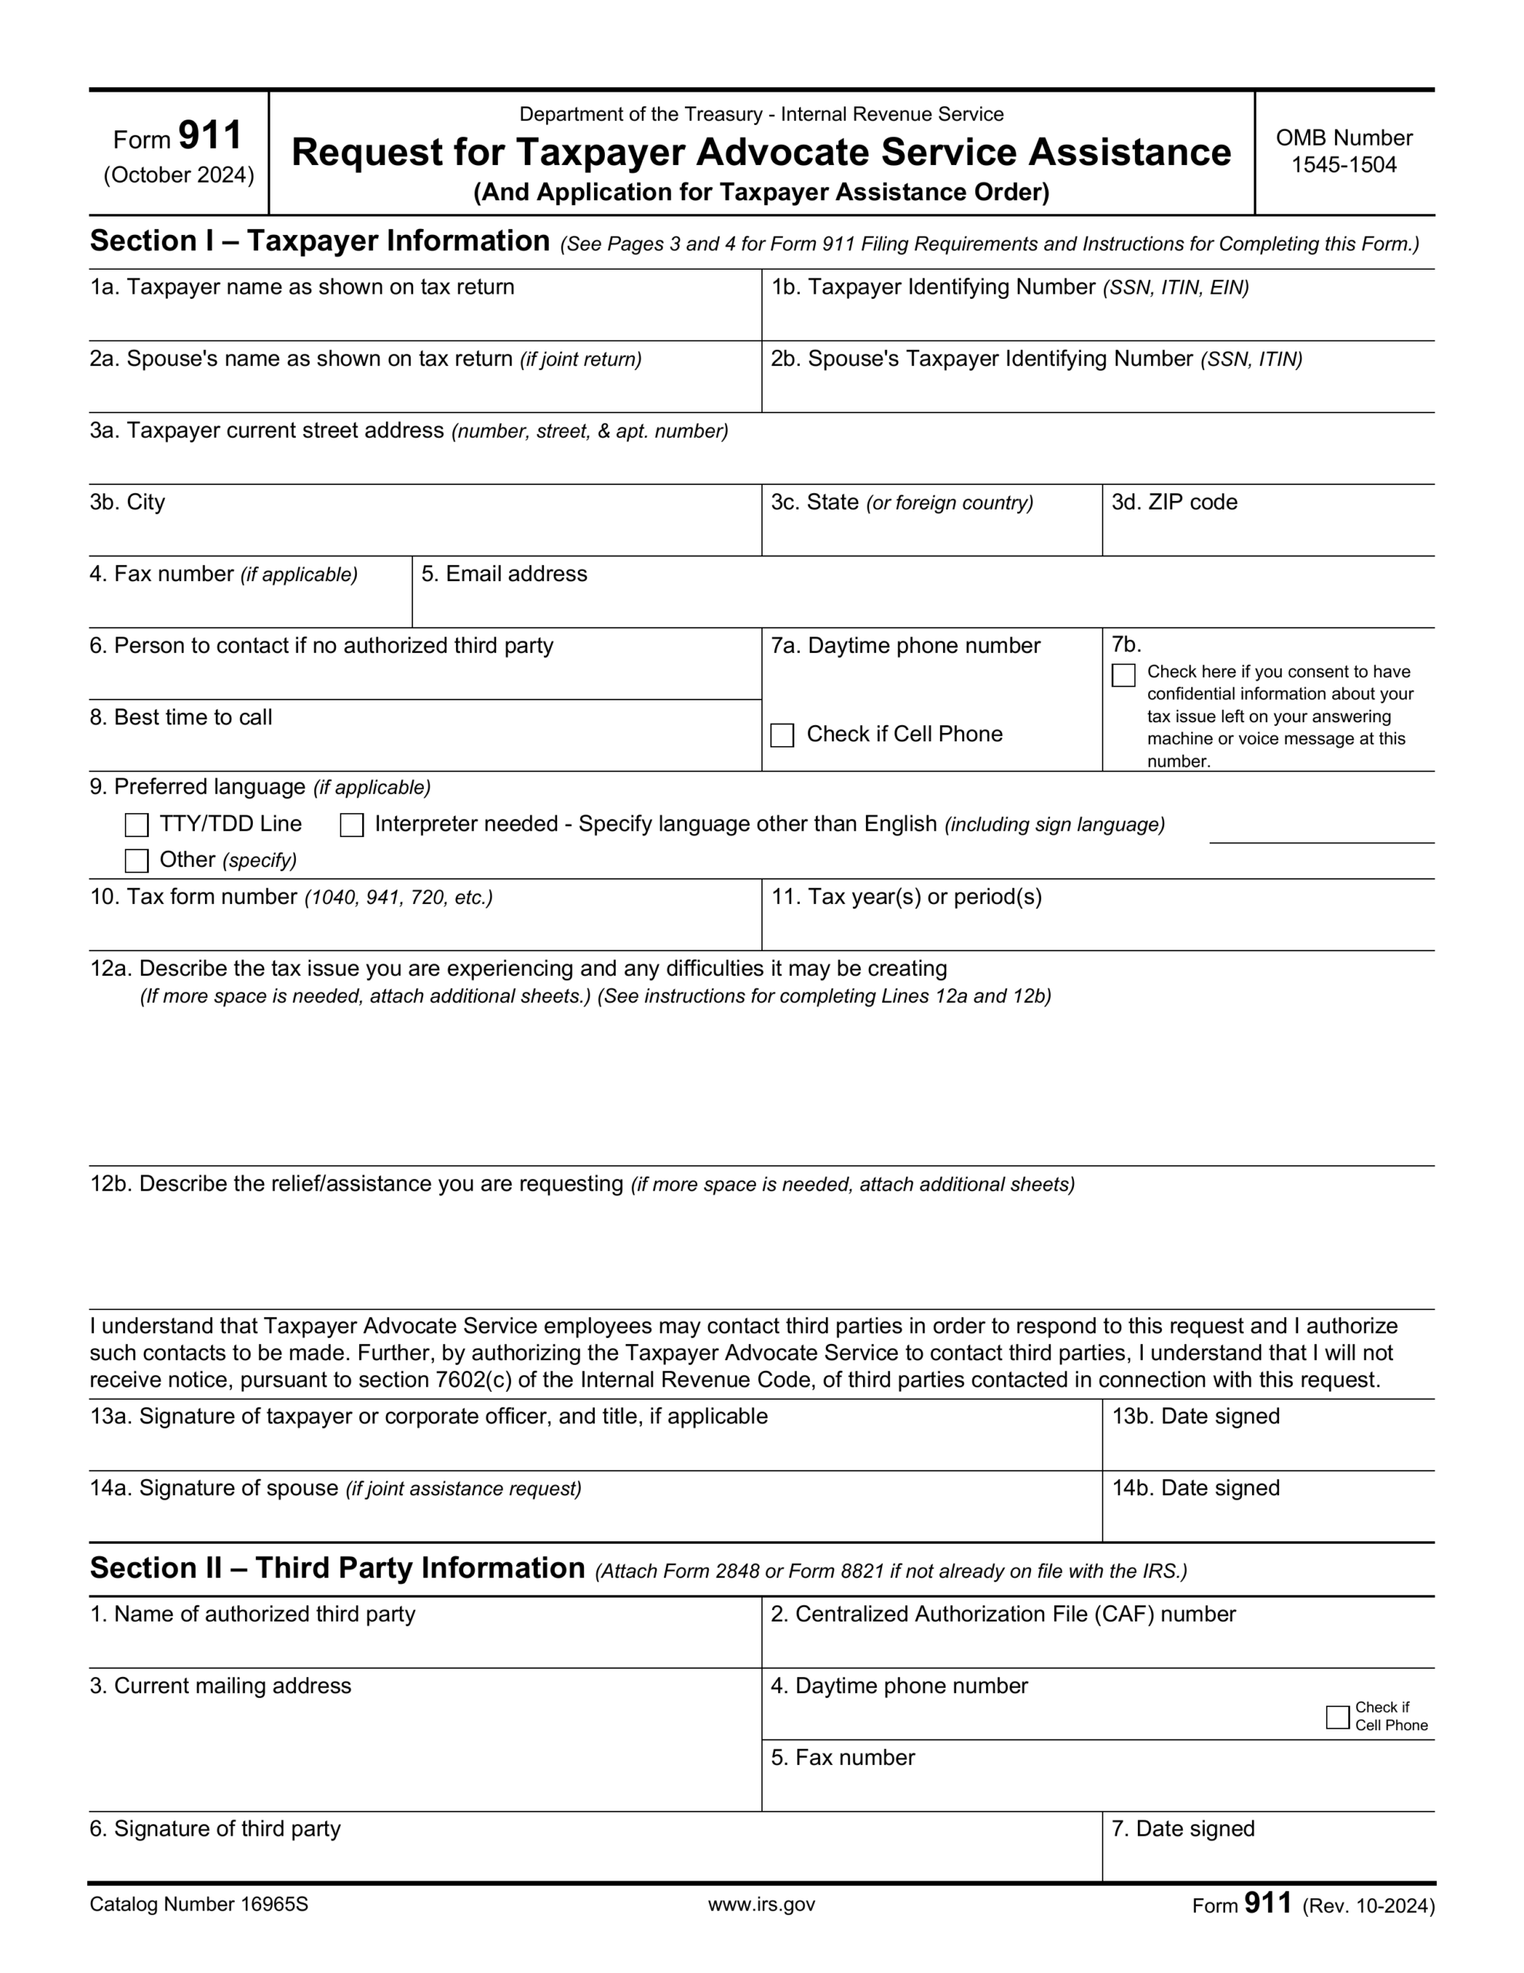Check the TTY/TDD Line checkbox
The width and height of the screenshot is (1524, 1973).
pos(136,825)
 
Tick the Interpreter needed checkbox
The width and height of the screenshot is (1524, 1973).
pos(351,825)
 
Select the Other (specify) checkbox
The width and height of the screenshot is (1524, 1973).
pos(136,860)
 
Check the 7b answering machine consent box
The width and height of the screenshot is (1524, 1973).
pos(1123,675)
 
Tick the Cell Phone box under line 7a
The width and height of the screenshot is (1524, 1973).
pos(781,735)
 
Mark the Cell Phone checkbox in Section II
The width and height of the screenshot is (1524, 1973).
pos(1337,1716)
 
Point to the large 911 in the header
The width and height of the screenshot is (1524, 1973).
pos(210,136)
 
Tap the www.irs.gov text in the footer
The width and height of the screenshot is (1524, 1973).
pos(760,1904)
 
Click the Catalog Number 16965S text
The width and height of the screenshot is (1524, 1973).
pos(199,1904)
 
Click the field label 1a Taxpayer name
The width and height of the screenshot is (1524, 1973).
pos(302,287)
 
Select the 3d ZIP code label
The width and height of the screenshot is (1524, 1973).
pos(1173,502)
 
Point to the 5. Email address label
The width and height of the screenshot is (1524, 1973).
pos(503,574)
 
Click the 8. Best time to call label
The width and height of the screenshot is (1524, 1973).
pos(180,718)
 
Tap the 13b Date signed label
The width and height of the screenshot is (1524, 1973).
pos(1195,1417)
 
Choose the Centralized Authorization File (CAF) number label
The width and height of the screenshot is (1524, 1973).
pos(1002,1615)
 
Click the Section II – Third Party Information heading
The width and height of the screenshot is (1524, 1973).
pos(337,1568)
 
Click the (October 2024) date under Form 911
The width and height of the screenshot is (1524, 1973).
pos(179,175)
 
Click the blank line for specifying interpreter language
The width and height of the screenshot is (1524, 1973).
pos(1321,833)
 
